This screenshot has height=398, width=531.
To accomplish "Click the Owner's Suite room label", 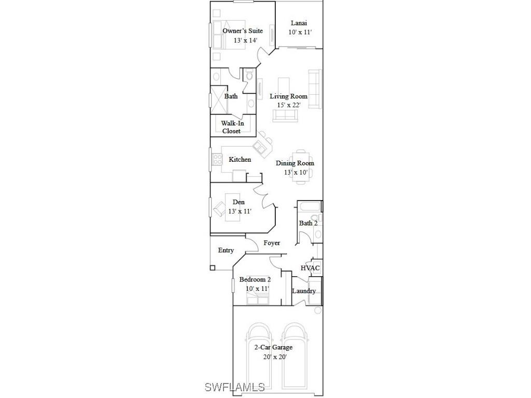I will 239,31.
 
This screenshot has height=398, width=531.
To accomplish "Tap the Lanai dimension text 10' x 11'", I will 300,32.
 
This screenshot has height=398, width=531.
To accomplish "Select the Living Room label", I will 288,96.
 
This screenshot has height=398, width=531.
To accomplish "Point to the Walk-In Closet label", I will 232,127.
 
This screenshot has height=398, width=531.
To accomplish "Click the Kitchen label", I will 240,160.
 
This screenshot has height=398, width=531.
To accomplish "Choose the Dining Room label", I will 295,163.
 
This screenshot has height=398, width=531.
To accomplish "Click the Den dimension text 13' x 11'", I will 240,211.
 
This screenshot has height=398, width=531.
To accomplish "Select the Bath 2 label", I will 308,223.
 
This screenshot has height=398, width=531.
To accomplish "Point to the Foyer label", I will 272,243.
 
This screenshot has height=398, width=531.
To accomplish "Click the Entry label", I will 226,250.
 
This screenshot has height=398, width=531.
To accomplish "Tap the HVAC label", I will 310,268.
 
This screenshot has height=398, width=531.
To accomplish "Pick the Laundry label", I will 303,291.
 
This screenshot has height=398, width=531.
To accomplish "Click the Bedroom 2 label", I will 255,280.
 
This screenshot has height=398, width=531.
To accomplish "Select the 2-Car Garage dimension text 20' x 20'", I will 274,357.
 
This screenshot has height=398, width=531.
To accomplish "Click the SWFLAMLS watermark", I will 234,387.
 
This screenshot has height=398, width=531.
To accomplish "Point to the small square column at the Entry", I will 212,268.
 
